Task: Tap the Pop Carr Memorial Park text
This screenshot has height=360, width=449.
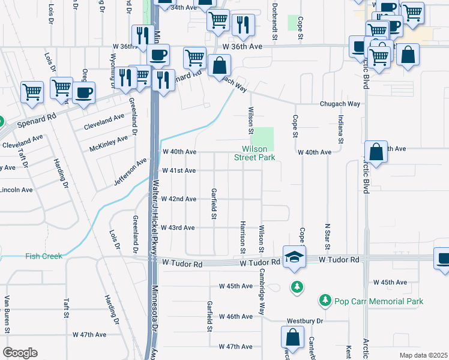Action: [x=378, y=301]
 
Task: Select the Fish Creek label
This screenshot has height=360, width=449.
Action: [x=43, y=256]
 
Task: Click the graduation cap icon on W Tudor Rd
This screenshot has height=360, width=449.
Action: [x=294, y=256]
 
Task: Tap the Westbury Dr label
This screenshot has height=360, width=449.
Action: [x=307, y=321]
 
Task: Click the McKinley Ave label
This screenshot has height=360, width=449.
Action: [x=109, y=143]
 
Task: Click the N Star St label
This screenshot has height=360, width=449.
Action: [x=328, y=222]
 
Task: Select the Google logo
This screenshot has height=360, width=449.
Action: [x=19, y=353]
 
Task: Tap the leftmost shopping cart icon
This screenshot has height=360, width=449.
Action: [x=32, y=92]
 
